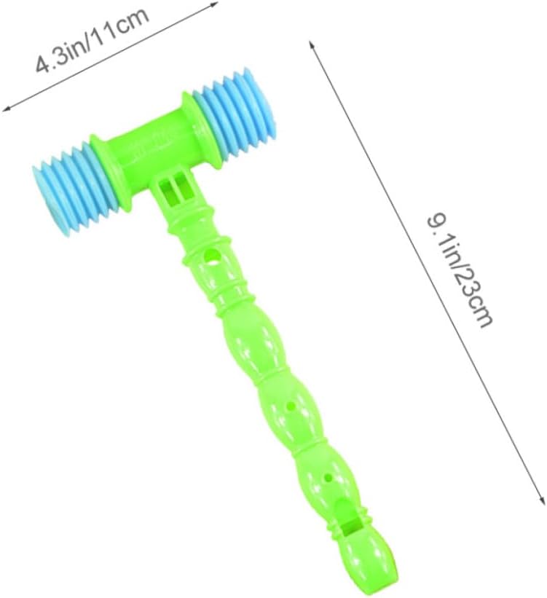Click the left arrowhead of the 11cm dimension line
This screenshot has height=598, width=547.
pos(5,109)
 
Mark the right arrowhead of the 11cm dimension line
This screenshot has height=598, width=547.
pos(213,4)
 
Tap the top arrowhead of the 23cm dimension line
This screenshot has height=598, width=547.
pos(312,45)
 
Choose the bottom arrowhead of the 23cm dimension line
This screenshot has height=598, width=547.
pos(542,500)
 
